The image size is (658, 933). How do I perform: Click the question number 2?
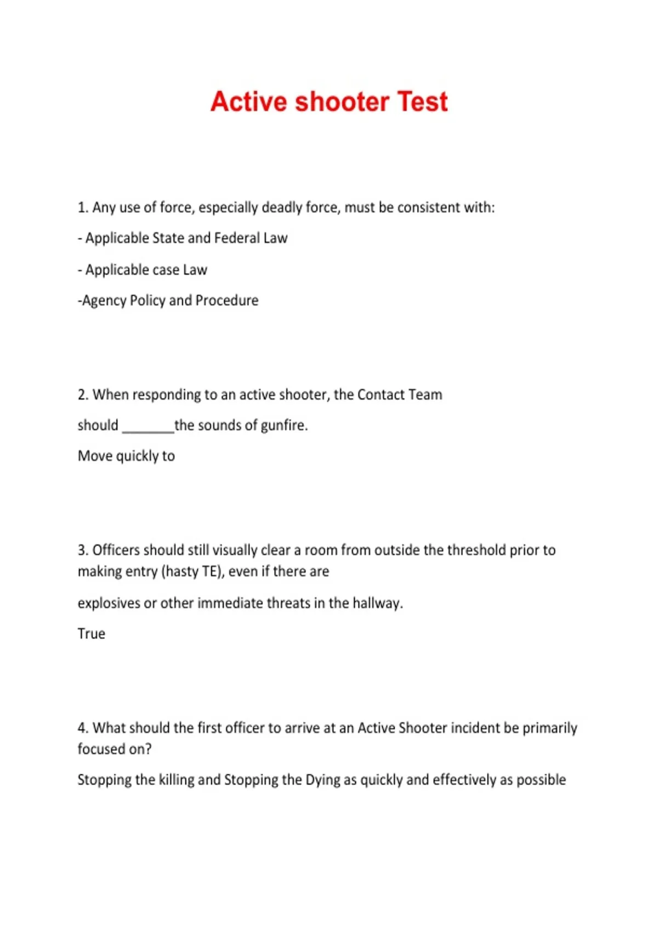tap(82, 395)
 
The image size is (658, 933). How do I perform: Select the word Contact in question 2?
tap(381, 395)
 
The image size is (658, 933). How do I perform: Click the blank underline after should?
tap(148, 428)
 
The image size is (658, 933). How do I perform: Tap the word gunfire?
tap(283, 426)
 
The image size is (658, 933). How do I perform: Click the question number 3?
tap(82, 550)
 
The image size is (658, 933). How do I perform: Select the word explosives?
tap(109, 603)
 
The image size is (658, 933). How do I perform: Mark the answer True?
tap(91, 634)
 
